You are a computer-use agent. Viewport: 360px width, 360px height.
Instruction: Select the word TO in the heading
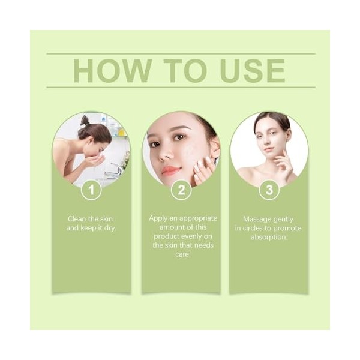click(179, 71)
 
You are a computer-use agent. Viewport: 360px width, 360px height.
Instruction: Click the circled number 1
click(91, 191)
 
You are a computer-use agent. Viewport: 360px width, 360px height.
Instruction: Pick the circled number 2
click(181, 191)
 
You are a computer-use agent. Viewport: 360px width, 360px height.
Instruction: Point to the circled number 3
click(268, 191)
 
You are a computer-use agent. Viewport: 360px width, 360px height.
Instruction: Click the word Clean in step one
click(77, 219)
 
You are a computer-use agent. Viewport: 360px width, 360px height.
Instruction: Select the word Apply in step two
click(160, 218)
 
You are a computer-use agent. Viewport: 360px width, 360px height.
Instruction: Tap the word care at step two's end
click(182, 254)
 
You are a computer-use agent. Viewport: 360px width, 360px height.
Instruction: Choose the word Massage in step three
click(256, 219)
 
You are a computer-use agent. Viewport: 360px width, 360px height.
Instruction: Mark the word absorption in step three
click(268, 237)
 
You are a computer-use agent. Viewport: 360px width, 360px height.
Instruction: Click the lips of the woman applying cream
click(170, 170)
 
